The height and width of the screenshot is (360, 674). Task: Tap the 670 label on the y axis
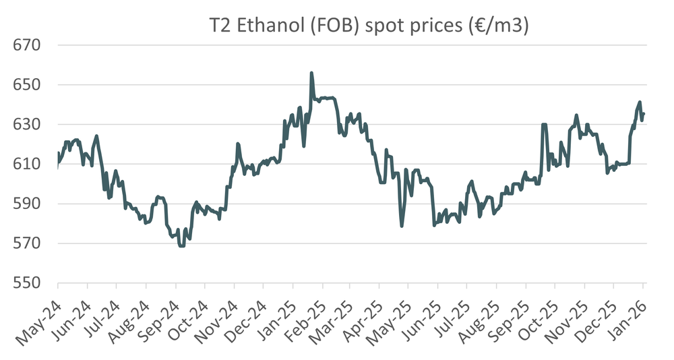point(28,46)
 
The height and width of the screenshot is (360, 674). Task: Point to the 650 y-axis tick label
point(28,85)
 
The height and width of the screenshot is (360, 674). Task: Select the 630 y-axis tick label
point(28,125)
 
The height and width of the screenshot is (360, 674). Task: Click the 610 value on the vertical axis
point(28,164)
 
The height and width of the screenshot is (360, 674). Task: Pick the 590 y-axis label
point(28,204)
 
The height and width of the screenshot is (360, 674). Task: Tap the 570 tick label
point(28,243)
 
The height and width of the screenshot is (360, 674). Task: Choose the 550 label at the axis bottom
point(28,282)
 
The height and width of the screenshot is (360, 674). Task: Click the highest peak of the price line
point(311,73)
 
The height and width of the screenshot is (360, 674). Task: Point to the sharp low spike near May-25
point(402,226)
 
